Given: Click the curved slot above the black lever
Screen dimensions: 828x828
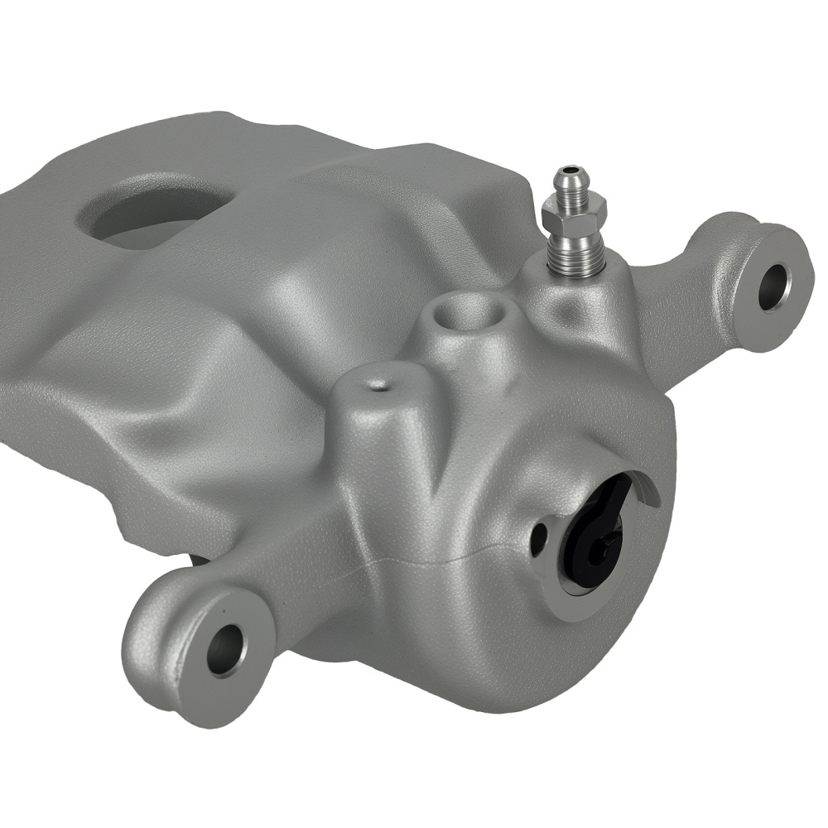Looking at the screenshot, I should point(645,489).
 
